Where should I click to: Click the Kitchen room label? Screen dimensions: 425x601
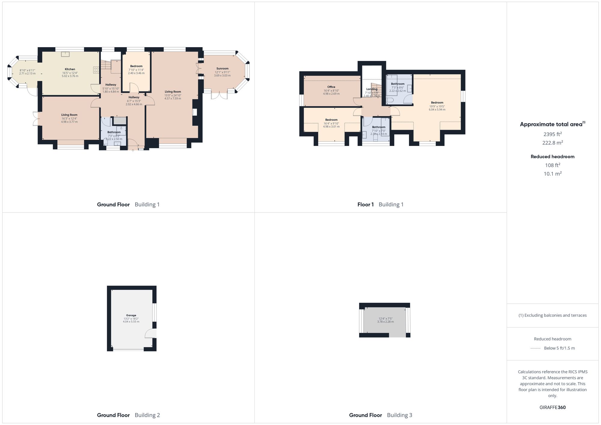coord(70,69)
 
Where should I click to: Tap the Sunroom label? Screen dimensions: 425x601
coord(222,68)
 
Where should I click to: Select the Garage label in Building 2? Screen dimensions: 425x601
coord(131,315)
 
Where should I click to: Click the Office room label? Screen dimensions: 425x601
coord(331,87)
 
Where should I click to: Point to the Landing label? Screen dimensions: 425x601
coord(372,89)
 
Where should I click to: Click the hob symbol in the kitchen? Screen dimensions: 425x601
coord(96,70)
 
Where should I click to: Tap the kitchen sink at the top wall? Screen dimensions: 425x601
coord(65,54)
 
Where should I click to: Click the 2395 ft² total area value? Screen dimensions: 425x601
coord(552,134)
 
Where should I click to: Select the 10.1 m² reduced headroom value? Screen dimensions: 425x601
coord(552,174)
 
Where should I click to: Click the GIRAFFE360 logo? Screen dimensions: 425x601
coord(552,408)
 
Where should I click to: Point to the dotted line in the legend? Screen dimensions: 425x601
coord(535,348)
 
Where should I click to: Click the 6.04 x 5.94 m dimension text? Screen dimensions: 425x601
coord(437,110)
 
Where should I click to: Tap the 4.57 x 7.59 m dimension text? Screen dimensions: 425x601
coord(173,99)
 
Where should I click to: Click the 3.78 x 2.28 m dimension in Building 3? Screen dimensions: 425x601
coord(385,322)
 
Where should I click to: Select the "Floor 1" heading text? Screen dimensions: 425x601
coord(365,205)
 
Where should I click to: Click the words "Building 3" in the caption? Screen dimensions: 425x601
coord(399,415)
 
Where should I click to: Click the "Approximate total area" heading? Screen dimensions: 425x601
coord(551,124)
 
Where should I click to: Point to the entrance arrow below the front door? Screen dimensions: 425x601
coord(133,150)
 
